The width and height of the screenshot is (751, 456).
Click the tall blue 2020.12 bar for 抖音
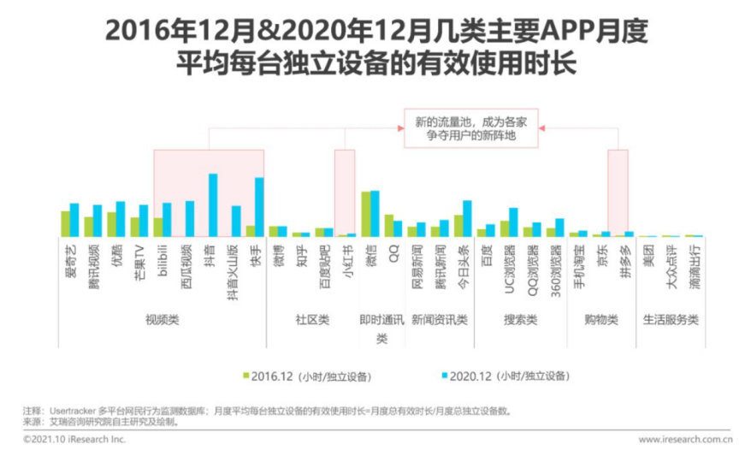[213, 205]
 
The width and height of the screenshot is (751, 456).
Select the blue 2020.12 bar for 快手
[259, 207]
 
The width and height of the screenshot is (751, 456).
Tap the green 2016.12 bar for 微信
[366, 214]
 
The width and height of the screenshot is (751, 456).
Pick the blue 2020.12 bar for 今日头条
[467, 219]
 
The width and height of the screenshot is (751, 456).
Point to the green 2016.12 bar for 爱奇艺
[65, 223]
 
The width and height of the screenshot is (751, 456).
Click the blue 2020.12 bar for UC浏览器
[513, 222]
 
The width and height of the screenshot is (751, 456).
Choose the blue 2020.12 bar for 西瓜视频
[190, 219]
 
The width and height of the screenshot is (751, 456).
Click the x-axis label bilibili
[163, 257]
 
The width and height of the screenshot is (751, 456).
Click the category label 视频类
[162, 320]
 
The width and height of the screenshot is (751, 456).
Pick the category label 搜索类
[519, 320]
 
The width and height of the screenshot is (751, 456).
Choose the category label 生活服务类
[670, 320]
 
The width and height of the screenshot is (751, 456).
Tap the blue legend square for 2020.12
[445, 376]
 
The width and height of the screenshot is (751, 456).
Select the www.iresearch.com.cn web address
[684, 440]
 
